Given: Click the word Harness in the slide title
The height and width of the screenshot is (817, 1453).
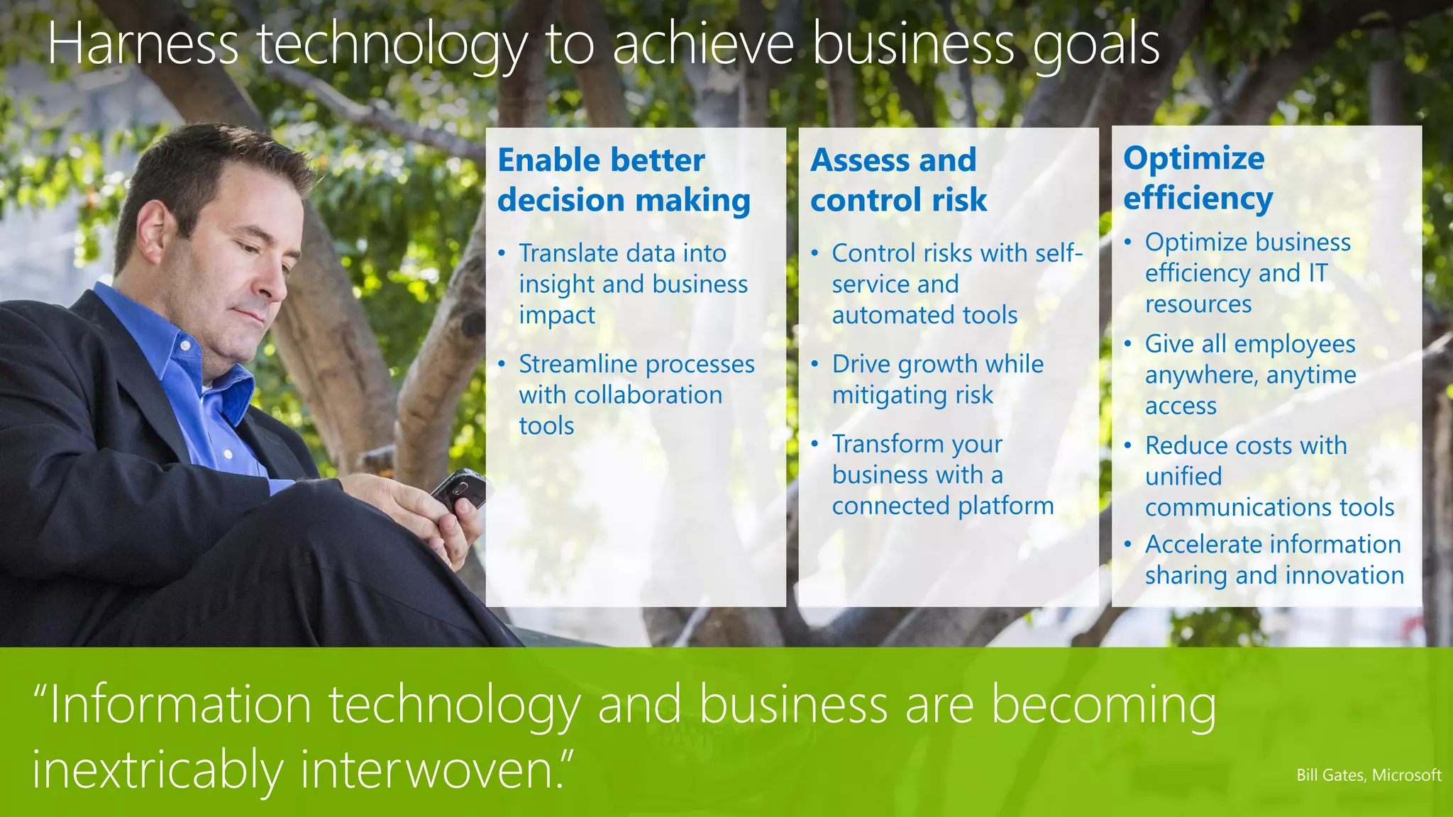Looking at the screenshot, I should click(x=143, y=44).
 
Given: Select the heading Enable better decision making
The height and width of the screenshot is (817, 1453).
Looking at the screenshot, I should click(x=623, y=179).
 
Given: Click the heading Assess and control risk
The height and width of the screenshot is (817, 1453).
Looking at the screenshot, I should click(x=897, y=179).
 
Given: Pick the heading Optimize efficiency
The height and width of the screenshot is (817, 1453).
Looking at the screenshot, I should click(x=1198, y=177).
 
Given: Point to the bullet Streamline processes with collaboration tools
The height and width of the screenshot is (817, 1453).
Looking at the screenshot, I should click(x=635, y=394).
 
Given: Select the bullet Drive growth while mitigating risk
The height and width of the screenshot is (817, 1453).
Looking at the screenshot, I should click(x=937, y=379).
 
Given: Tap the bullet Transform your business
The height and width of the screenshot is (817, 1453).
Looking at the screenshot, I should click(x=942, y=474).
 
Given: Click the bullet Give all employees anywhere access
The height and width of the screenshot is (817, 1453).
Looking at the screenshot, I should click(x=1250, y=374).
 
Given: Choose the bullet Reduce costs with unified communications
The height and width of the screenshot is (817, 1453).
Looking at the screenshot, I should click(x=1269, y=476).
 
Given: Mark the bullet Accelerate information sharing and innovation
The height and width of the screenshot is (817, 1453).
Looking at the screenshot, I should click(x=1274, y=560).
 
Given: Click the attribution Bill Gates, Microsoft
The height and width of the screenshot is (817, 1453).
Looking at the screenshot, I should click(x=1368, y=775).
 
